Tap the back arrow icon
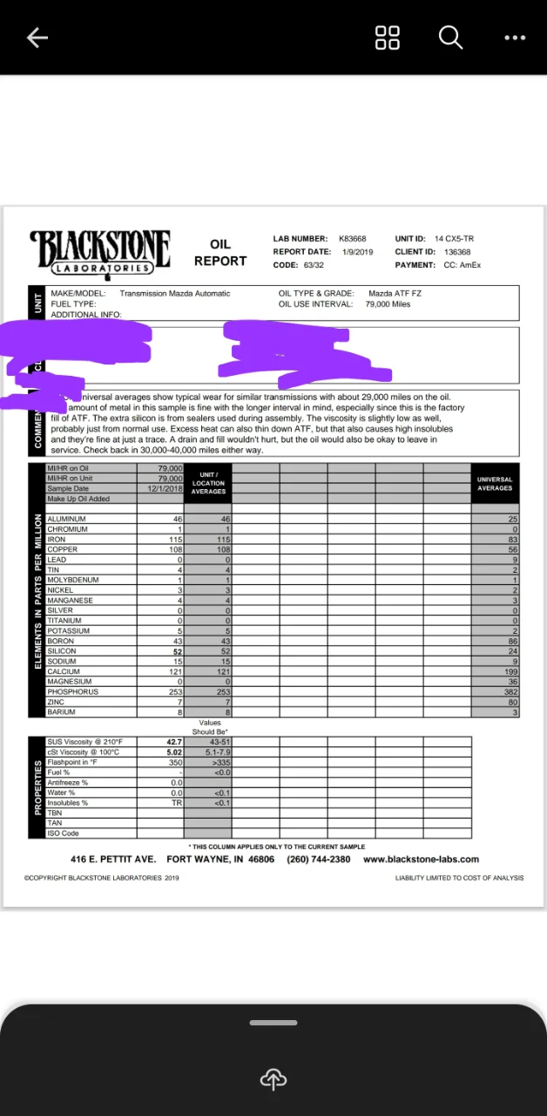pos(37,37)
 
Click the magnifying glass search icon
pos(450,37)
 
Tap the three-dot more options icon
pos(515,37)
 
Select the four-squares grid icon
pos(387,37)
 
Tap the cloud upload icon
pos(273,1079)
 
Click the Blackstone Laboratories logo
pos(100,253)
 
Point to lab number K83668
pos(352,239)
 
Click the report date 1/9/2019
pos(357,252)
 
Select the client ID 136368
pos(457,252)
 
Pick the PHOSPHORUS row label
pos(72,691)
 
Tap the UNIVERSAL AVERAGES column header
pos(495,483)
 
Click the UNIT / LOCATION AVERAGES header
pos(208,483)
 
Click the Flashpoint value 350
pos(174,762)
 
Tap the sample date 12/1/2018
pos(164,489)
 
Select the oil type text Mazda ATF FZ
pos(395,294)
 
